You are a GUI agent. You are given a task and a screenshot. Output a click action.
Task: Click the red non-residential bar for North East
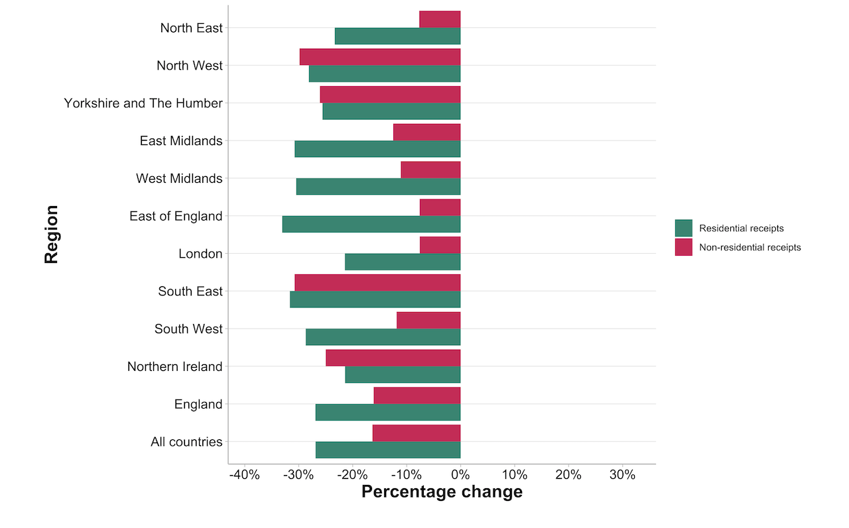[440, 19]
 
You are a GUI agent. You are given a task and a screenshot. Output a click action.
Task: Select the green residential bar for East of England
[371, 224]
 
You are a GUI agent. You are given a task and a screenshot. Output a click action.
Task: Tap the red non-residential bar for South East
[377, 283]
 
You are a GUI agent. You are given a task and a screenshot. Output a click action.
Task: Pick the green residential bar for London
[403, 262]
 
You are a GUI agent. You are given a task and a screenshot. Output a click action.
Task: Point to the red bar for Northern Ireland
[393, 358]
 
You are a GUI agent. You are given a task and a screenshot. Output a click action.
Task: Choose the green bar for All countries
[388, 450]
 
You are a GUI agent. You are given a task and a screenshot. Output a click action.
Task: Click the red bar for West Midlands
[430, 170]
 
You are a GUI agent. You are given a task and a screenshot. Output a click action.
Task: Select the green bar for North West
[385, 74]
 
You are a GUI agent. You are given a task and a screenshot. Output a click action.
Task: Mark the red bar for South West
[428, 320]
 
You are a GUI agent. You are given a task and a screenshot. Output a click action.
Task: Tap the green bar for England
[388, 412]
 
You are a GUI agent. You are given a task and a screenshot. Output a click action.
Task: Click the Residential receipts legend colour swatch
[683, 228]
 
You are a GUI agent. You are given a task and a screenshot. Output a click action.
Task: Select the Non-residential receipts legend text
[750, 247]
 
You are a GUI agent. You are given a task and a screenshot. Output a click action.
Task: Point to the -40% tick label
[244, 475]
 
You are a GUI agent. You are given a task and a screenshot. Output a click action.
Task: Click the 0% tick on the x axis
[460, 475]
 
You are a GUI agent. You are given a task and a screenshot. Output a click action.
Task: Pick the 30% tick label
[622, 475]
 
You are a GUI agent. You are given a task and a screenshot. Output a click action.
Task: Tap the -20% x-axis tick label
[352, 475]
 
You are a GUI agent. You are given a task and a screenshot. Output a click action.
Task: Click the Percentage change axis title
[442, 492]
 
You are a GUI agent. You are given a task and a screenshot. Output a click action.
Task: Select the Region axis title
[52, 235]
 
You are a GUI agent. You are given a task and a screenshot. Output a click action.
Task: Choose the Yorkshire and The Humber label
[143, 103]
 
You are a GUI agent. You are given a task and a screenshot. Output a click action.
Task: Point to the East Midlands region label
[181, 141]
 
